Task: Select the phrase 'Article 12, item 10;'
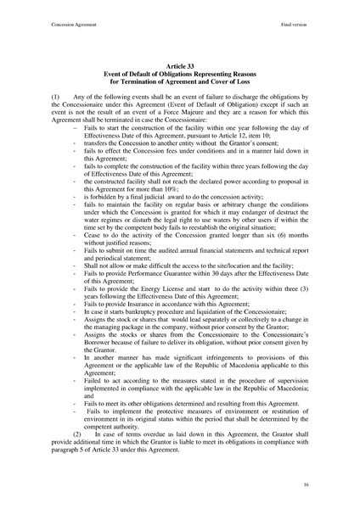[228, 138]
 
